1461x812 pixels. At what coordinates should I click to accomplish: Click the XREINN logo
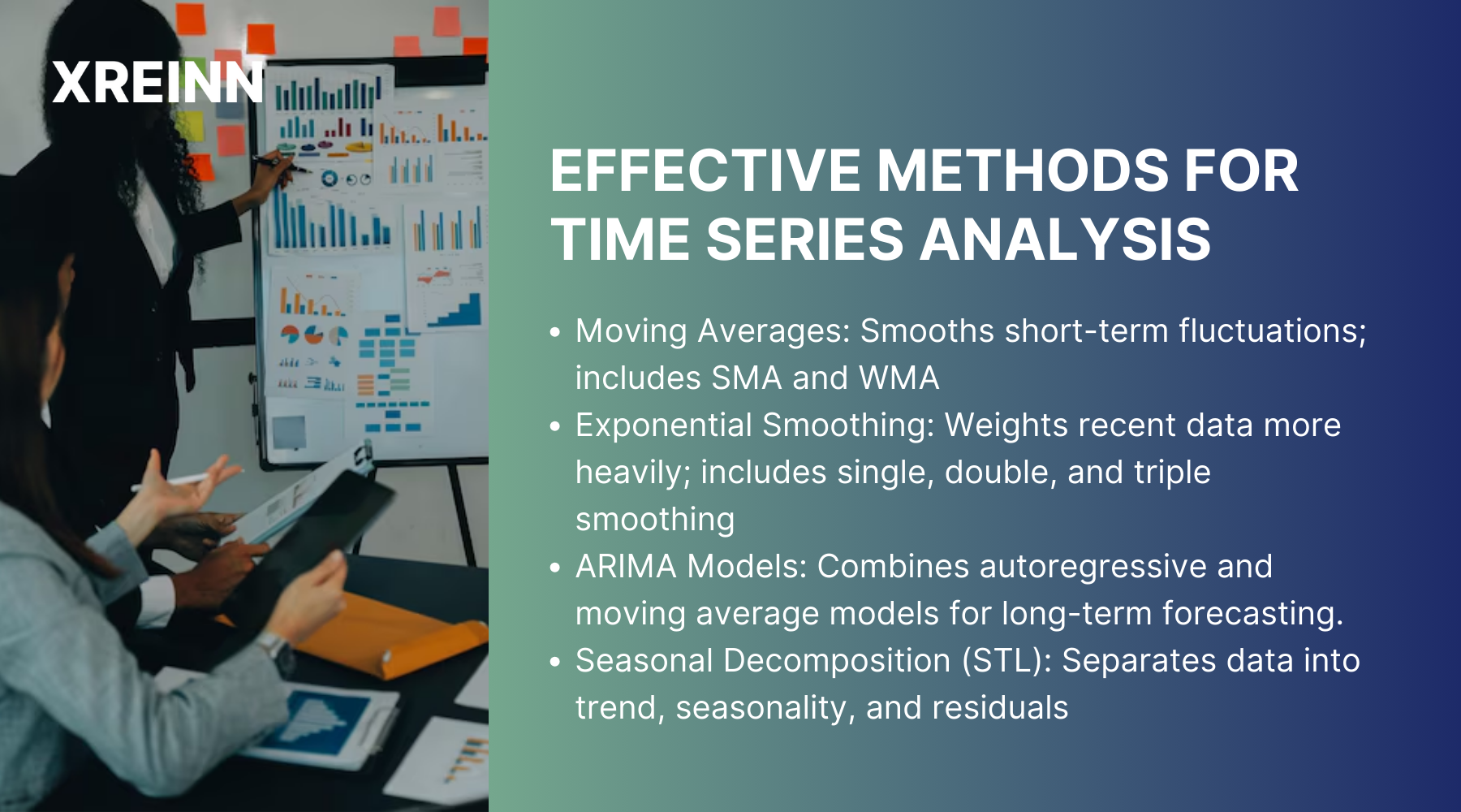click(x=157, y=83)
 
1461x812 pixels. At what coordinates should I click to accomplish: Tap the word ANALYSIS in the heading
click(x=1065, y=240)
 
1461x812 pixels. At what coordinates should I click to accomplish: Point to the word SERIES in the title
click(x=804, y=240)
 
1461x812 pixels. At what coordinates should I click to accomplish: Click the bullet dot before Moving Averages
click(x=555, y=332)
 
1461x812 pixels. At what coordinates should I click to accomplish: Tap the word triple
click(x=1171, y=473)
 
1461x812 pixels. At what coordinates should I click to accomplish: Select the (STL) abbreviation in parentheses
click(x=1006, y=661)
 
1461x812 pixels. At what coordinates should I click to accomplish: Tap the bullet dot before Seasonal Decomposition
click(x=555, y=662)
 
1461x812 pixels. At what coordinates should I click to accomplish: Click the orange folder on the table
click(x=390, y=637)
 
